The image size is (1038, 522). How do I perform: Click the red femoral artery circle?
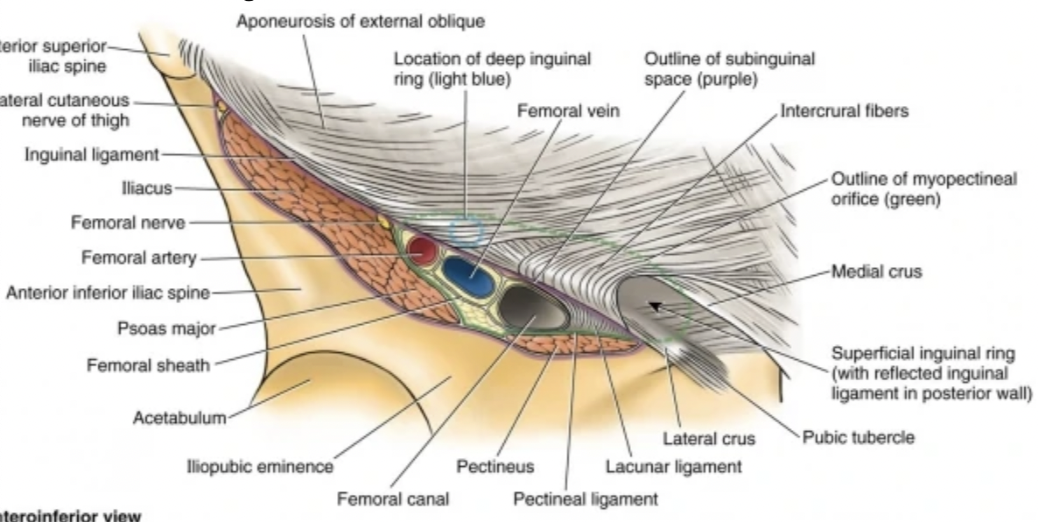pyautogui.click(x=423, y=251)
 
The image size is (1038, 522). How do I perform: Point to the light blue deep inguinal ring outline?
pyautogui.click(x=466, y=230)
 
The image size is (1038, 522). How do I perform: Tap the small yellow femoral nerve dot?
pyautogui.click(x=382, y=223)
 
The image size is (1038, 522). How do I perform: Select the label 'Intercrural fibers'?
pyautogui.click(x=844, y=112)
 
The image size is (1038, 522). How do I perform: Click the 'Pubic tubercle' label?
pyautogui.click(x=859, y=437)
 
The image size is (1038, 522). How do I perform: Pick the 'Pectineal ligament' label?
pyautogui.click(x=585, y=499)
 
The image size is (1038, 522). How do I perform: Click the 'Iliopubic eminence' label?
pyautogui.click(x=259, y=467)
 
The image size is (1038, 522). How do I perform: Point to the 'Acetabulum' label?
pyautogui.click(x=179, y=417)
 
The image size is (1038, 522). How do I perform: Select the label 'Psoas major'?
pyautogui.click(x=165, y=330)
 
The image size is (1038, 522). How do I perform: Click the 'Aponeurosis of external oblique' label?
pyautogui.click(x=360, y=19)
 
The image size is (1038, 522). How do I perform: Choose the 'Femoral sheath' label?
pyautogui.click(x=148, y=365)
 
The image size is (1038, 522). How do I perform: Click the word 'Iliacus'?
pyautogui.click(x=148, y=187)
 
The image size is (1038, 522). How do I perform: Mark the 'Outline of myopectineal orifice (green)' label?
pyautogui.click(x=923, y=188)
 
